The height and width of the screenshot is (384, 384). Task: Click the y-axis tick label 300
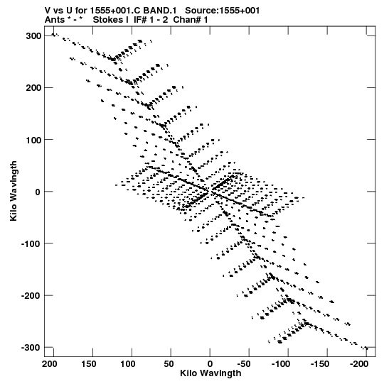click(33, 36)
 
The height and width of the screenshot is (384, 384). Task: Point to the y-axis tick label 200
click(33, 88)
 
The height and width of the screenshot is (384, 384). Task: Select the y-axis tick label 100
click(33, 140)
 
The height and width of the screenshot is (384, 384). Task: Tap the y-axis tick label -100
click(31, 243)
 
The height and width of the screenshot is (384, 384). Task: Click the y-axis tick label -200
click(31, 295)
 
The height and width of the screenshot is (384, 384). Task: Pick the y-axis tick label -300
click(31, 348)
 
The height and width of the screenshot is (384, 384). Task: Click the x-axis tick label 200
click(50, 364)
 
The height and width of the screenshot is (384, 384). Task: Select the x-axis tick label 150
click(89, 364)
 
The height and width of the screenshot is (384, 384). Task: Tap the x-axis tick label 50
click(169, 364)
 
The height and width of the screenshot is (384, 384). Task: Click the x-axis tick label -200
click(359, 364)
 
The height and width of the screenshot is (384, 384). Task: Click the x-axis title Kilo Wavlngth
click(210, 373)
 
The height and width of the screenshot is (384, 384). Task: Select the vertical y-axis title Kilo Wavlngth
click(14, 191)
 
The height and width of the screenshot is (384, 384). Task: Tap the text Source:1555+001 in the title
click(223, 11)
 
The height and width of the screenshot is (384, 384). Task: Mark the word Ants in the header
click(55, 20)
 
